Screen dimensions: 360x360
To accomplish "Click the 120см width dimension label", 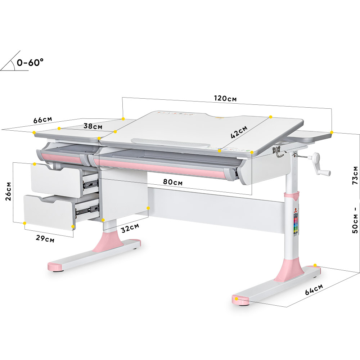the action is click(x=225, y=98).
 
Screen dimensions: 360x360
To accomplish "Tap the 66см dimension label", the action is click(x=43, y=120).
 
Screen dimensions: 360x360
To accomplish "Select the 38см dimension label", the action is click(x=93, y=126).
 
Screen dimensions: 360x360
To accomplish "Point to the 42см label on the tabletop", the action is click(x=239, y=132).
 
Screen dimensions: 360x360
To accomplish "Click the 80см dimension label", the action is click(x=173, y=182).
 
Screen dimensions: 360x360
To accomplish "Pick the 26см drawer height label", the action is click(x=8, y=192).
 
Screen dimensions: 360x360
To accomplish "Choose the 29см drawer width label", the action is click(x=45, y=238).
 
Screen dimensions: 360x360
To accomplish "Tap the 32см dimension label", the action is click(x=130, y=228).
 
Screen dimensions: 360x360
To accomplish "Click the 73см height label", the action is click(x=355, y=175).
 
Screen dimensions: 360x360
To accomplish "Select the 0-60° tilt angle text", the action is click(x=30, y=62).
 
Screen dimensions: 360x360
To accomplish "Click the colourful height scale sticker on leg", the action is click(x=296, y=224).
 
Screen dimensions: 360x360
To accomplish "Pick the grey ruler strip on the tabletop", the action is click(x=170, y=143).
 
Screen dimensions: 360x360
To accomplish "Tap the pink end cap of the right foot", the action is click(x=240, y=301).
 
